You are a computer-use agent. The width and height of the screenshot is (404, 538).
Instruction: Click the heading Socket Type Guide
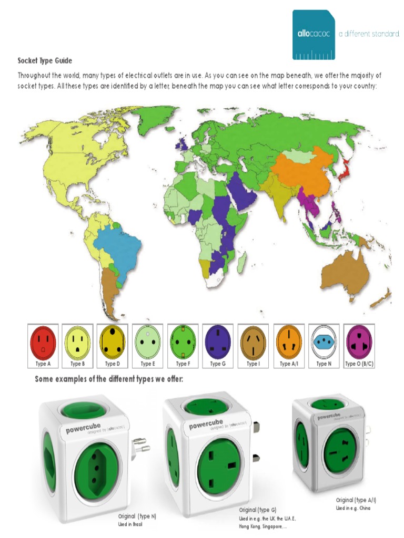(x=45, y=60)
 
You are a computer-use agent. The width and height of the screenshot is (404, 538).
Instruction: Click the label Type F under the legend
(x=181, y=364)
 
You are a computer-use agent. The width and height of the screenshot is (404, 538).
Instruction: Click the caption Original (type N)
(x=137, y=516)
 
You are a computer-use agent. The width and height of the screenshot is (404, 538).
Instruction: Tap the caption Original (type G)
(x=258, y=510)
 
